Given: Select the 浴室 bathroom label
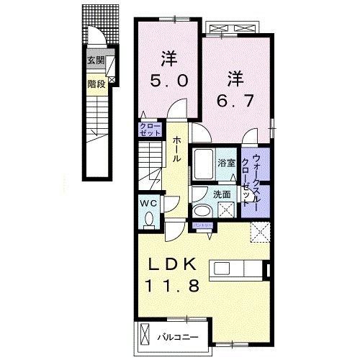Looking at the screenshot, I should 228,163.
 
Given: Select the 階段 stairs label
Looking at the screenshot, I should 95,83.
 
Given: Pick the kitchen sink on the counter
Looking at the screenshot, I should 251,269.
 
